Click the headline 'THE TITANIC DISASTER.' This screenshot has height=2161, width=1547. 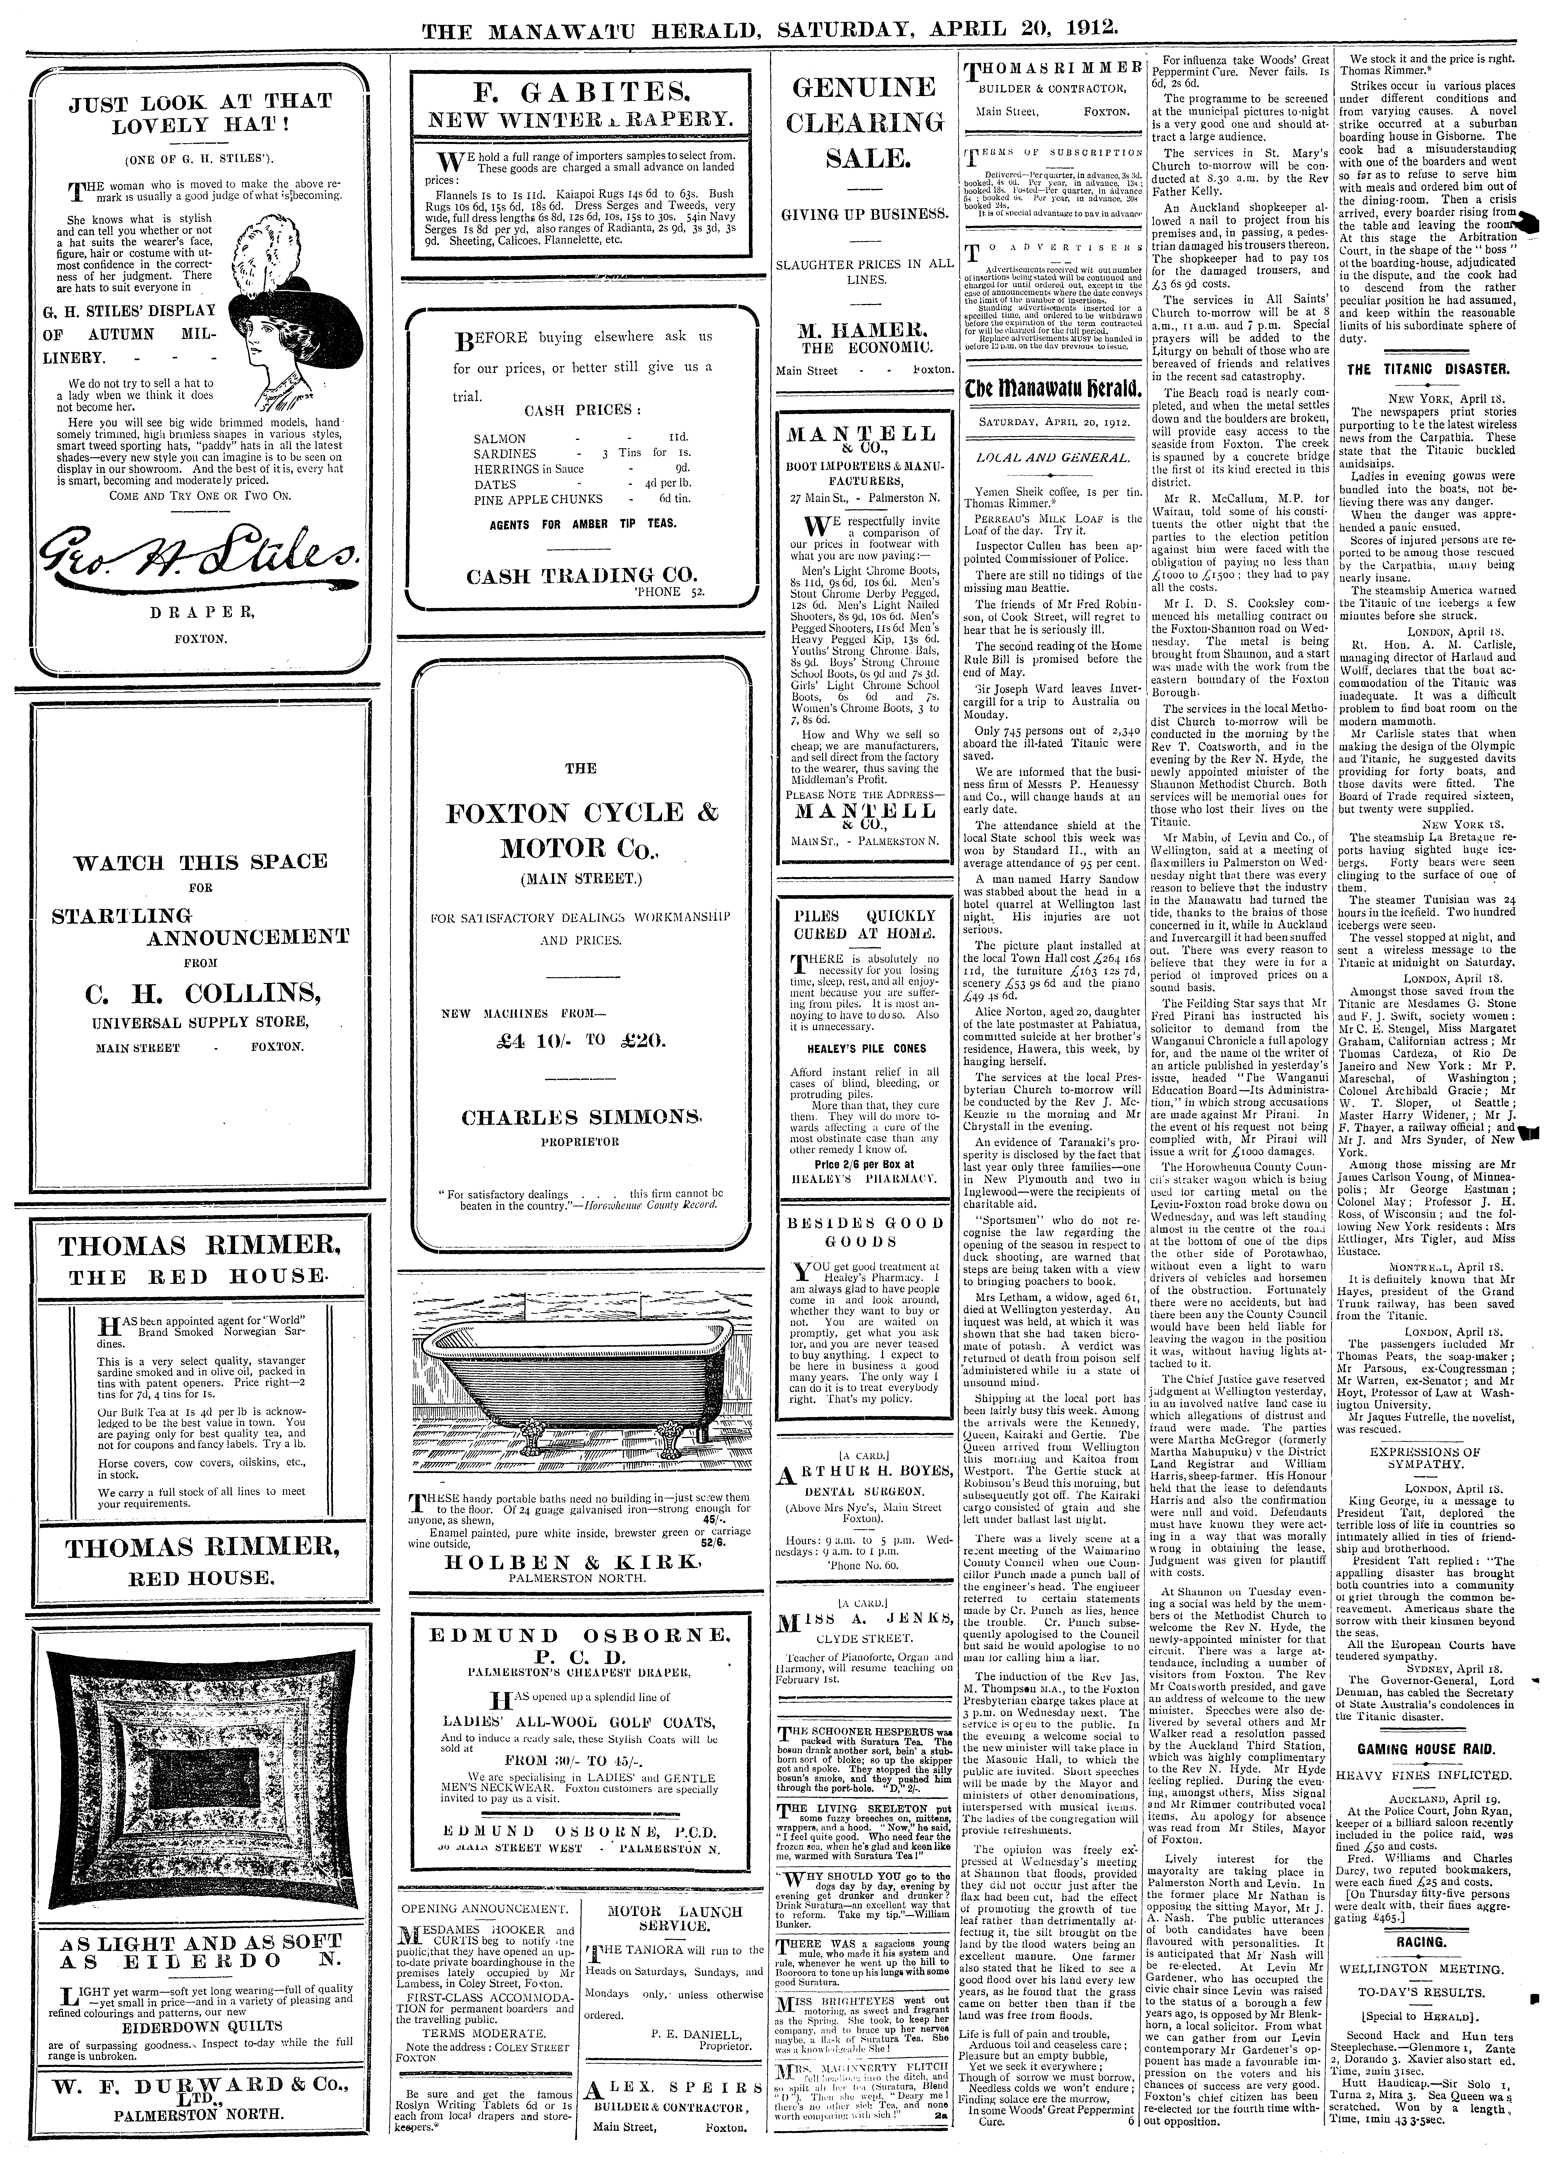(1438, 369)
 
